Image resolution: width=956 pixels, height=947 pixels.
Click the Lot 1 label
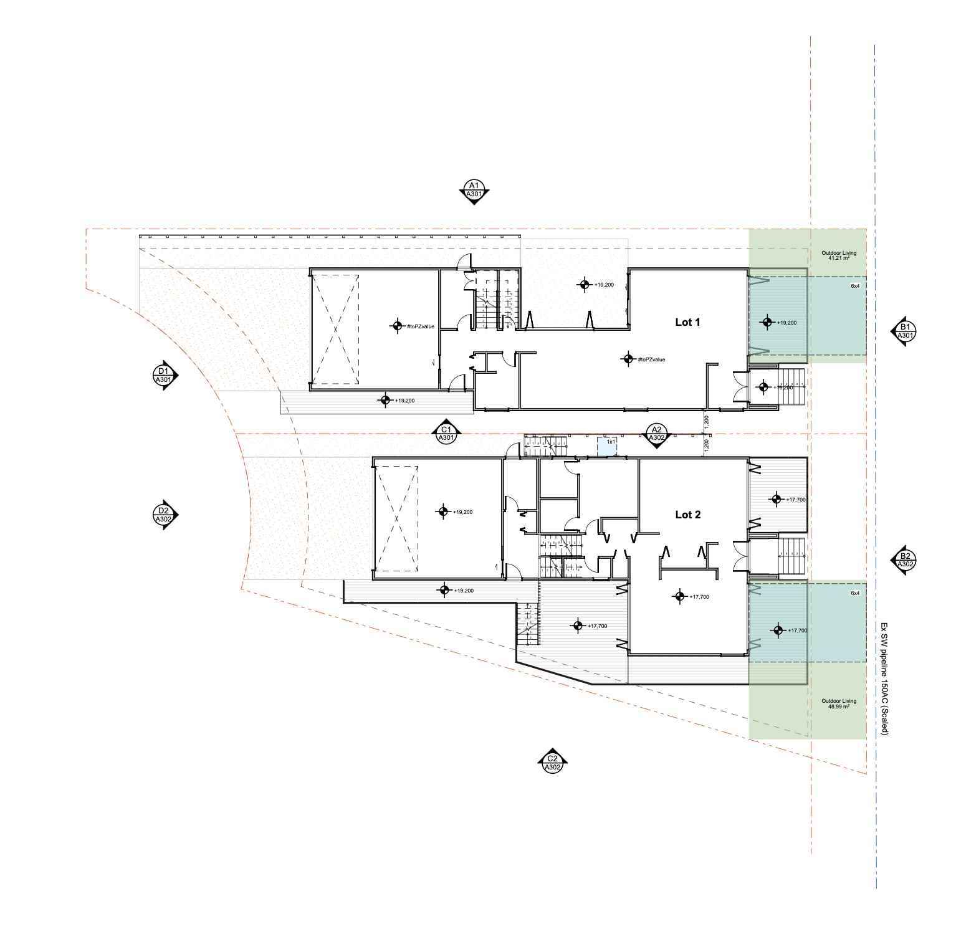[687, 322]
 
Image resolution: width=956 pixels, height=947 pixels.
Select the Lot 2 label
[687, 515]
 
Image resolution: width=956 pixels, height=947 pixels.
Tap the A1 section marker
[474, 191]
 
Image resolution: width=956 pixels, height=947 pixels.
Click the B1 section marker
[905, 331]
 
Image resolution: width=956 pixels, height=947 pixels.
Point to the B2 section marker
[905, 560]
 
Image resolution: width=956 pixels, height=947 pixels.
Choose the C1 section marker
[446, 433]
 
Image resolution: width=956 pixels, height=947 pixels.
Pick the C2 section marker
[552, 763]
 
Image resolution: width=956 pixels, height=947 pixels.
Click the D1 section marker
[164, 375]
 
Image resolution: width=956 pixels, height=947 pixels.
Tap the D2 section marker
[164, 515]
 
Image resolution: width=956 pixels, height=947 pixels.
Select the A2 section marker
[656, 434]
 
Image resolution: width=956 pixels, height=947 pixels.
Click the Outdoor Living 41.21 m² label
[839, 255]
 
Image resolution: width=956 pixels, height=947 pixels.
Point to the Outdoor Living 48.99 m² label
[839, 703]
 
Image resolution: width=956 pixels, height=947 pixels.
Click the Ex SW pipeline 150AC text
[884, 678]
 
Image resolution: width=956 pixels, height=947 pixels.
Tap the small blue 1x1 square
[607, 446]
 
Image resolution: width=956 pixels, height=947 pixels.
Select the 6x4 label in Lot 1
[855, 286]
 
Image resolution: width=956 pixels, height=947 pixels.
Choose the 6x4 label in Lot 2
[855, 593]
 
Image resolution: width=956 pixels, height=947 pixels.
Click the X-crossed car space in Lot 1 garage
[335, 329]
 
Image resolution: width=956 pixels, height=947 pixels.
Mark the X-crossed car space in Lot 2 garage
[397, 518]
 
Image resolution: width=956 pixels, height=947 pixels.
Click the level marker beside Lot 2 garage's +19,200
[443, 512]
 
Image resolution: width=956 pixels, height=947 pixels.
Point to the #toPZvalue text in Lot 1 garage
[421, 326]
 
